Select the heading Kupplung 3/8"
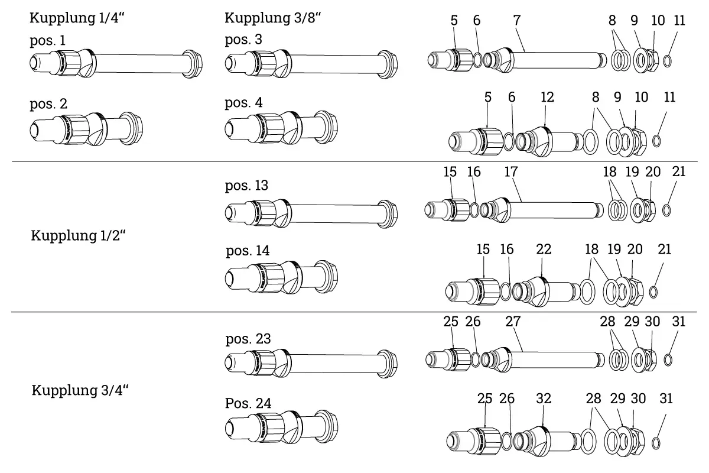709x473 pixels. coord(272,18)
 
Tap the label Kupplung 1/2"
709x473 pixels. coord(79,237)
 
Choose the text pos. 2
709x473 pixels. coord(48,104)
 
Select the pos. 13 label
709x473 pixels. coord(247,186)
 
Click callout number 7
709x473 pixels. coord(517,20)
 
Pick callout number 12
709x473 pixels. coord(547,97)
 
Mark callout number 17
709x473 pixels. coord(511,172)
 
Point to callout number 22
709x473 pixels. coord(543,250)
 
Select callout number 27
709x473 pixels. coord(513,322)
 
